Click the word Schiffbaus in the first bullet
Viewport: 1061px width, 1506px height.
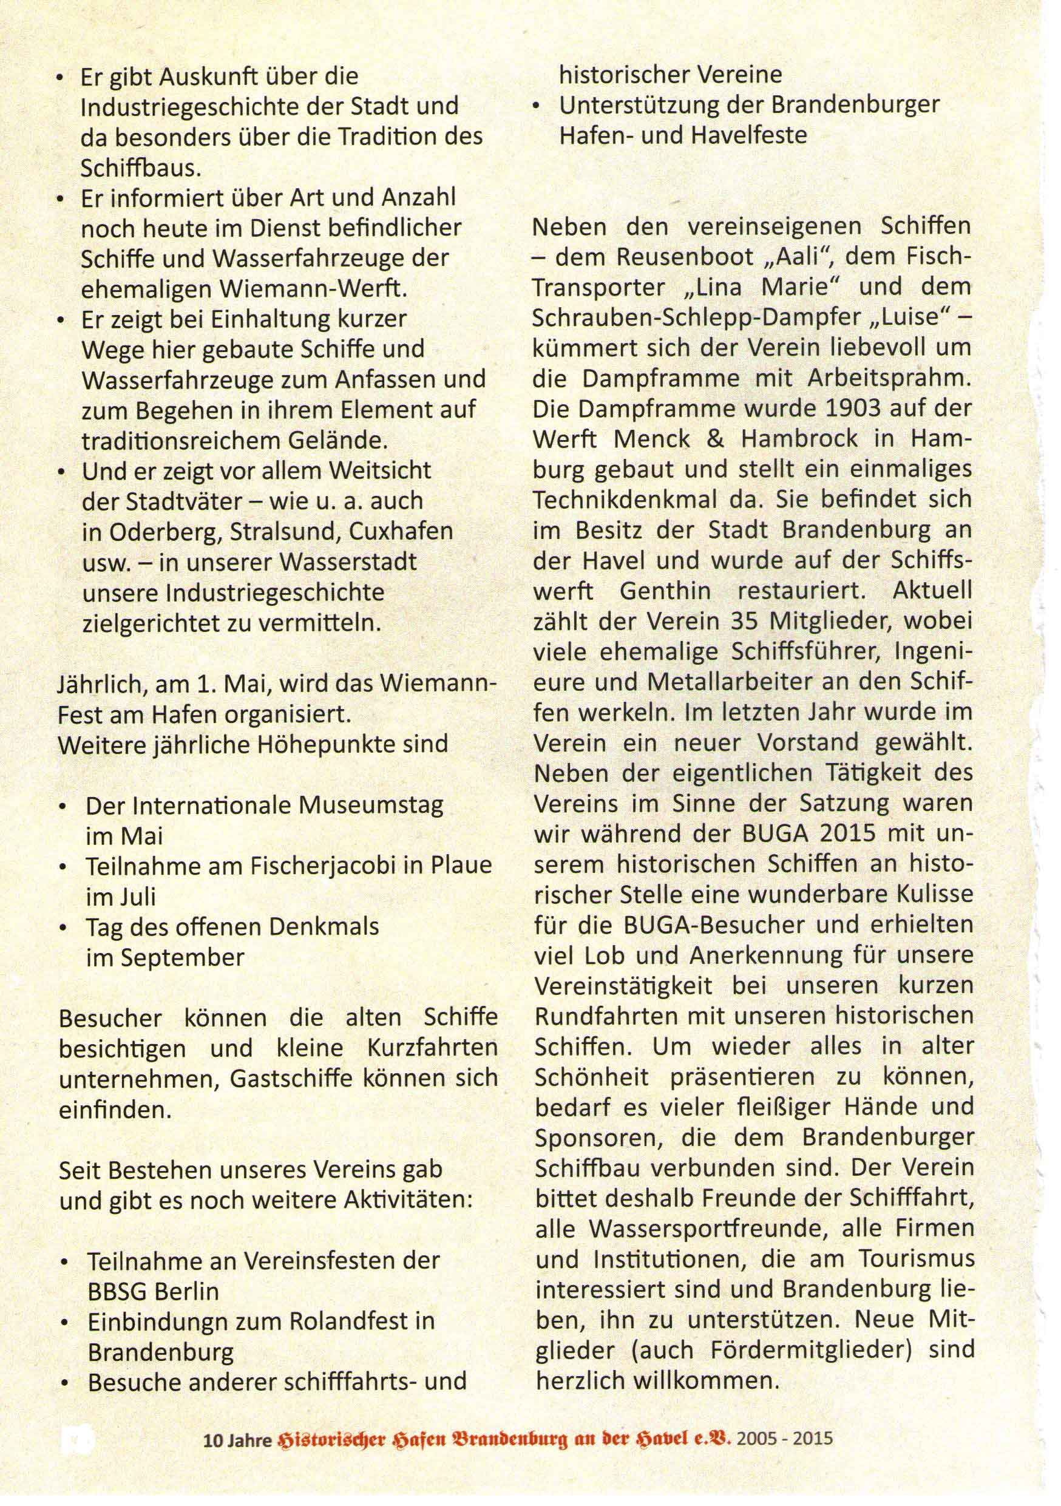tap(140, 168)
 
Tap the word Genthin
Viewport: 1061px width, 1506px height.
tap(664, 591)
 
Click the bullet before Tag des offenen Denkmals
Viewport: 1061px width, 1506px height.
tap(63, 928)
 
